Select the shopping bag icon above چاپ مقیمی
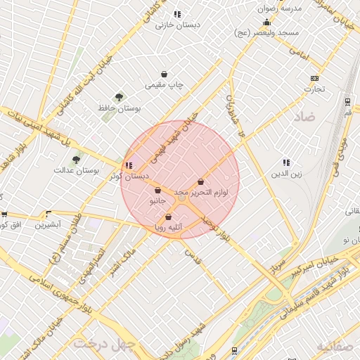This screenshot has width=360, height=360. pos(164,73)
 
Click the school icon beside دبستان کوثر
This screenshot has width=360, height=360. pos(127,166)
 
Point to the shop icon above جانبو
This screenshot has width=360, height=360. pos(157,190)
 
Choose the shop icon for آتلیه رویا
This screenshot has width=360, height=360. pos(168,217)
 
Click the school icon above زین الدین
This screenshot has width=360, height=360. pos(285,162)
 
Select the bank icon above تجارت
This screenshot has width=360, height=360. pos(314,78)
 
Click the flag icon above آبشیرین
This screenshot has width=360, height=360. pos(49,214)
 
